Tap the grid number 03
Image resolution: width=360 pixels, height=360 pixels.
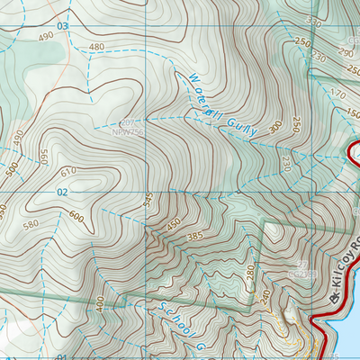tap(62, 27)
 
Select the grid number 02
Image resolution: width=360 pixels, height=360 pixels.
tap(62, 193)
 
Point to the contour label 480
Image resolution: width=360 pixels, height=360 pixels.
tap(97, 47)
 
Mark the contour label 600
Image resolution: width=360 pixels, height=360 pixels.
tap(76, 216)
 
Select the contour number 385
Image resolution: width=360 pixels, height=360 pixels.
tap(193, 236)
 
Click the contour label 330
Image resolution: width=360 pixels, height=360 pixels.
tap(314, 20)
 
